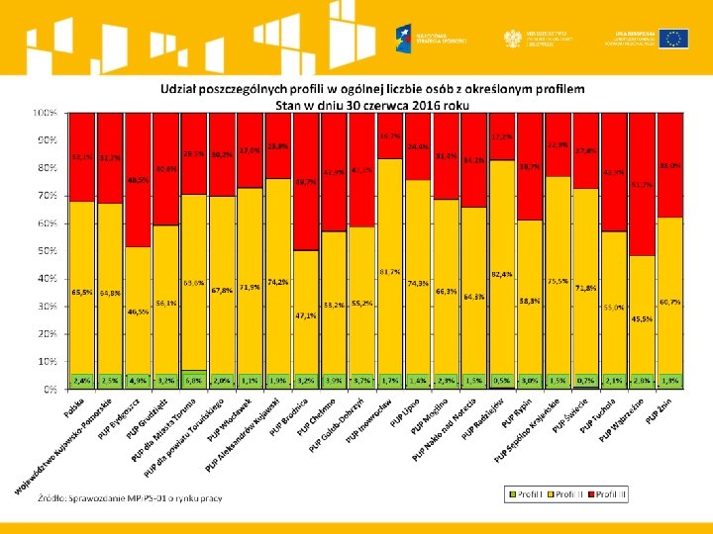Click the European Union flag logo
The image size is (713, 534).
[676, 38]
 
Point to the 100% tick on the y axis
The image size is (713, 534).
[45, 113]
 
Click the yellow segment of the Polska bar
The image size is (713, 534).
[82, 287]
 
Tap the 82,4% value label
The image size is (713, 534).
[502, 273]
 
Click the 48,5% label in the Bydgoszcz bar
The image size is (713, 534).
[139, 180]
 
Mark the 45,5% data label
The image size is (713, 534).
[642, 319]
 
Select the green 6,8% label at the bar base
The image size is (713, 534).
[194, 380]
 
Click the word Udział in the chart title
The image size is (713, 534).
[183, 89]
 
